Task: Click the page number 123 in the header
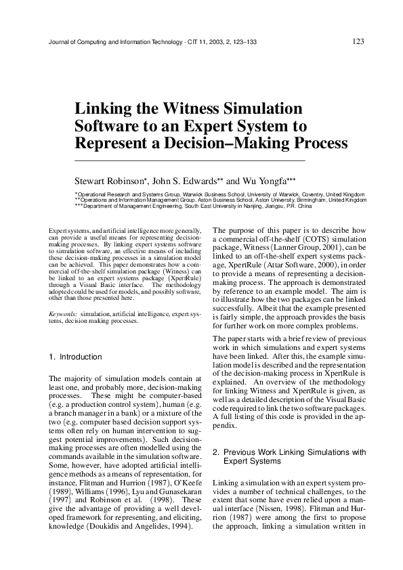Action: tap(359, 42)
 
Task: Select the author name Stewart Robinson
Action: tap(108, 181)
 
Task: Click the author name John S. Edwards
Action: tap(184, 181)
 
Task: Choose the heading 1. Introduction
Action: tap(76, 357)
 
